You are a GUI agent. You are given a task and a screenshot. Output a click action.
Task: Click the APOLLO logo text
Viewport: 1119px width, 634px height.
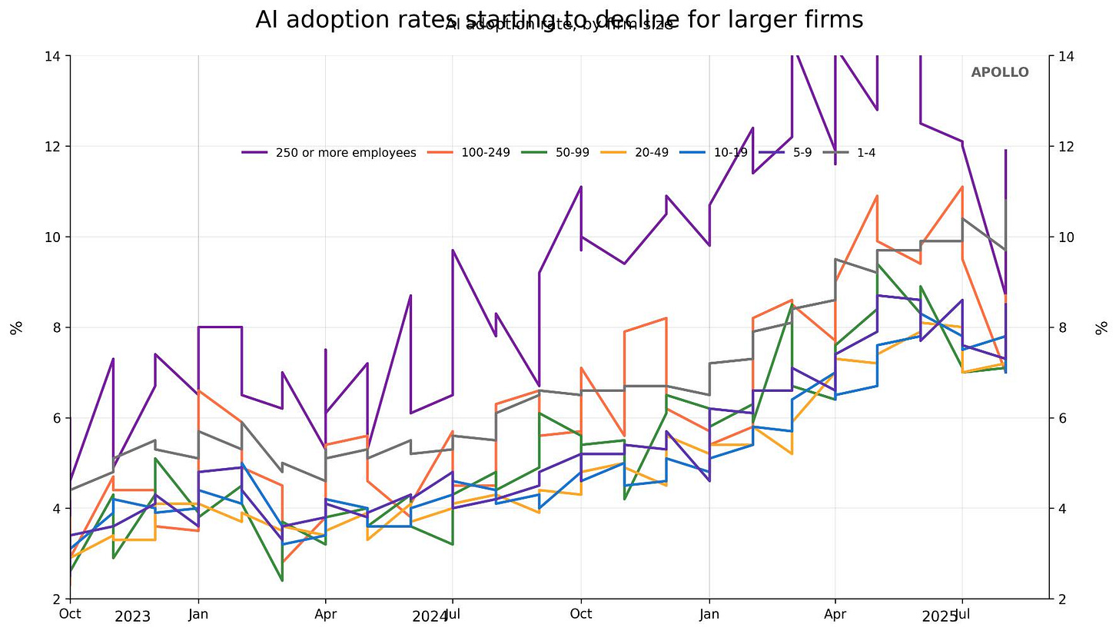pos(999,72)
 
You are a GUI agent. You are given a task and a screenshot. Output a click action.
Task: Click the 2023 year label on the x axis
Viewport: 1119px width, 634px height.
pos(132,616)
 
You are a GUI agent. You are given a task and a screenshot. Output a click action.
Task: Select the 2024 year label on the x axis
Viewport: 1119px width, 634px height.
pos(430,616)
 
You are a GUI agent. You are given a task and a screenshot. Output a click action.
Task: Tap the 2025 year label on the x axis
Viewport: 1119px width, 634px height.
pos(940,616)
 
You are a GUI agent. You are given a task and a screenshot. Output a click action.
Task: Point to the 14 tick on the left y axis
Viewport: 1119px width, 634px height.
pos(55,56)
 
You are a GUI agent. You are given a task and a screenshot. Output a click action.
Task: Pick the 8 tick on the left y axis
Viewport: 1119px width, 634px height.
pos(58,327)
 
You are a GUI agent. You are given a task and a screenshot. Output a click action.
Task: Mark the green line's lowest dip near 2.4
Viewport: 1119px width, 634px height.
pos(282,580)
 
